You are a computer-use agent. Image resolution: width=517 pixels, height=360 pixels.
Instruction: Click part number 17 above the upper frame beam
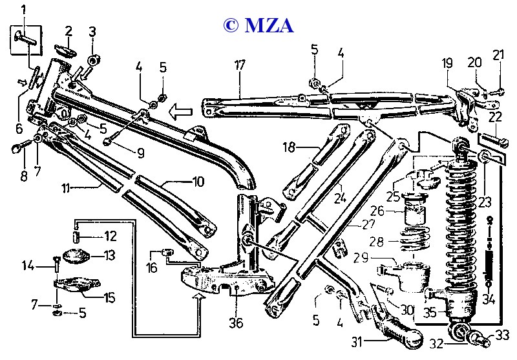click(240, 65)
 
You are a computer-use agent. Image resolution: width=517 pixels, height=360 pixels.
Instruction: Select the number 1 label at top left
click(23, 10)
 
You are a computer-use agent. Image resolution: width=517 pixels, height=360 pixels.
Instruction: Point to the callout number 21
click(498, 56)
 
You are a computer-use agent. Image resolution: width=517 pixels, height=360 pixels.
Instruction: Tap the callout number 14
click(28, 264)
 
